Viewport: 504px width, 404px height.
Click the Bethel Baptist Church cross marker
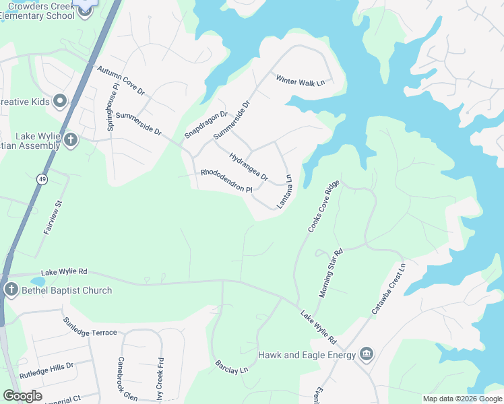point(11,290)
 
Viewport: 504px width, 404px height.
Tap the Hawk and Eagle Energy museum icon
point(367,353)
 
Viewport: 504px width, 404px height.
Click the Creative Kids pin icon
point(59,102)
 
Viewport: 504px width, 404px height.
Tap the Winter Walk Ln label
point(300,80)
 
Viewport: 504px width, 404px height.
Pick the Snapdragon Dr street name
point(206,125)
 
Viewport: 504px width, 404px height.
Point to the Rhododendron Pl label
point(226,181)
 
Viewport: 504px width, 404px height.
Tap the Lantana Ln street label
point(285,191)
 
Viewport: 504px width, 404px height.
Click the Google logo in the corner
point(22,395)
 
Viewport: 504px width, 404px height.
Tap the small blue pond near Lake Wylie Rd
point(38,281)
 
